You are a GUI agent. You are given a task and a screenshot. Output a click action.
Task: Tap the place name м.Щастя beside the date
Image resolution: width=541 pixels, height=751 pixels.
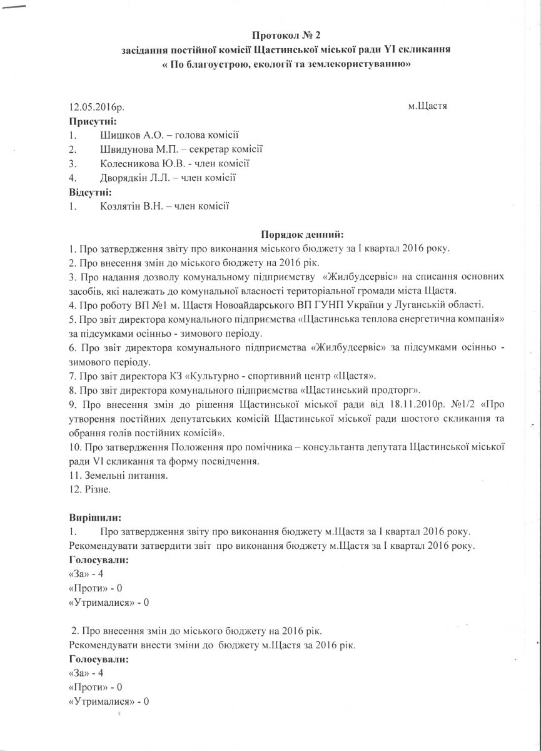click(x=427, y=106)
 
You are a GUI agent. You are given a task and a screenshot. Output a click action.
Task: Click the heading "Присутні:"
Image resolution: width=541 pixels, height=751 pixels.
click(x=93, y=121)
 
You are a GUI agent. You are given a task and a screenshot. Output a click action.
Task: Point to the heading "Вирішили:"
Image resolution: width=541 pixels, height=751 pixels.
click(x=94, y=518)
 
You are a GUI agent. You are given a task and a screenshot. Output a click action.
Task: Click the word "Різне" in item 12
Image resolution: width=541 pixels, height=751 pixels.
click(x=98, y=489)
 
